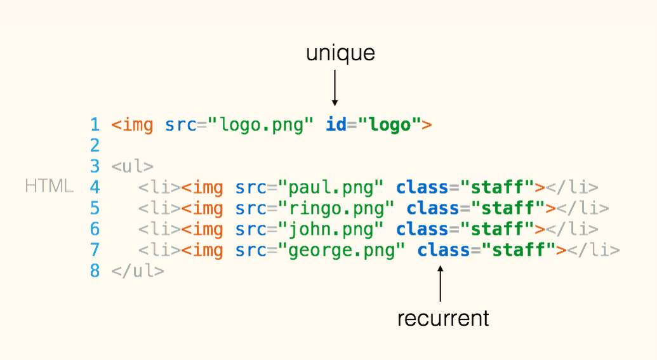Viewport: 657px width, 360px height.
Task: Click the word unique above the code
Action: (340, 53)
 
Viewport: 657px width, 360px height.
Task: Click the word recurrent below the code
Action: (443, 317)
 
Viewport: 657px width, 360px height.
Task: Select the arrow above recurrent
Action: (440, 283)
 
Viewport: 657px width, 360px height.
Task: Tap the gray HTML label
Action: (48, 187)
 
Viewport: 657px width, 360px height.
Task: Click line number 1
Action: (95, 125)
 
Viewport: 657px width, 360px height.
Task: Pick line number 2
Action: (95, 146)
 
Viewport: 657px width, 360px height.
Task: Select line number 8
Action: (95, 271)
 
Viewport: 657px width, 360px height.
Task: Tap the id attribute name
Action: (336, 125)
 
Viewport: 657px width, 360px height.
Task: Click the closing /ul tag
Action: (138, 271)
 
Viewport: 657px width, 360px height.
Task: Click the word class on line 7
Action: (443, 250)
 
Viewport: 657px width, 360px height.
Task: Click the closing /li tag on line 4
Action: (572, 188)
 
